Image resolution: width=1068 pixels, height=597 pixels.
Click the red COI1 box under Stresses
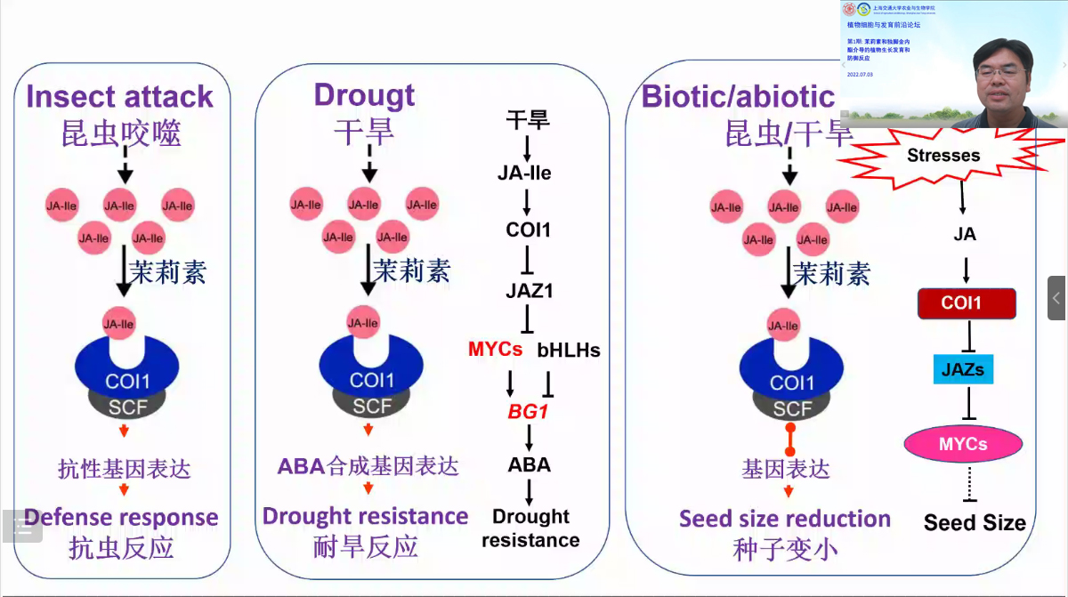pyautogui.click(x=966, y=303)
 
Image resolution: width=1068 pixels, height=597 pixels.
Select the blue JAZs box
pyautogui.click(x=963, y=368)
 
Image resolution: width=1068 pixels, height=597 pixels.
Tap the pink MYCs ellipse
pyautogui.click(x=963, y=443)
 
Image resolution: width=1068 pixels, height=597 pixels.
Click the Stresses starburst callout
pyautogui.click(x=943, y=156)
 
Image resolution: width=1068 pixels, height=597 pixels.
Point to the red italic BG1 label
pyautogui.click(x=529, y=411)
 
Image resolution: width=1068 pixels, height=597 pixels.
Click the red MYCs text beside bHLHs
pyautogui.click(x=496, y=349)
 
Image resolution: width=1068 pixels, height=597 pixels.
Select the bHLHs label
pyautogui.click(x=569, y=350)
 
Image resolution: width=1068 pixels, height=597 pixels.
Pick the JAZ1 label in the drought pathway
pyautogui.click(x=529, y=290)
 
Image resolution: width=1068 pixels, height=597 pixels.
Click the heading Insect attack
pyautogui.click(x=119, y=96)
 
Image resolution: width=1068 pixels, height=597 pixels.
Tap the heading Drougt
pyautogui.click(x=364, y=94)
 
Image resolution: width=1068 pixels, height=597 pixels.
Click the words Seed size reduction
pyautogui.click(x=784, y=519)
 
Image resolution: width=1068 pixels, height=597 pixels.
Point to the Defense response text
pyautogui.click(x=121, y=517)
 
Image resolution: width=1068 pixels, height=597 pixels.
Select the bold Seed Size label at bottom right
pyautogui.click(x=975, y=522)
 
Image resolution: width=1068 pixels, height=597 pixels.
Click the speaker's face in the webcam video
pyautogui.click(x=1000, y=71)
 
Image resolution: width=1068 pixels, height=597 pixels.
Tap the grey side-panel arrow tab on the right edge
pyautogui.click(x=1056, y=298)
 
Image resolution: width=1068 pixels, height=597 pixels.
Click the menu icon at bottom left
pyautogui.click(x=22, y=527)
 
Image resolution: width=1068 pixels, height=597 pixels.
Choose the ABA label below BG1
pyautogui.click(x=529, y=464)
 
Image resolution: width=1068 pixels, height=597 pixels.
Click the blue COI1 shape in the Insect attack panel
pyautogui.click(x=125, y=374)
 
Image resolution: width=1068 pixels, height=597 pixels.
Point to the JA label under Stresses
pyautogui.click(x=965, y=235)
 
